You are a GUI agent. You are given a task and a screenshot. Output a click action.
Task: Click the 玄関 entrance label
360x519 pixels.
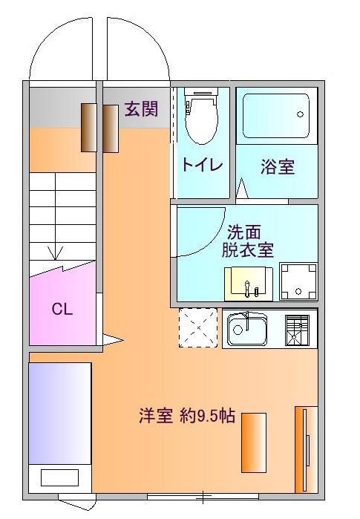click(141, 108)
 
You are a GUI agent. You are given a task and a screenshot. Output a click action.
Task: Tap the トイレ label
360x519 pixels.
click(203, 165)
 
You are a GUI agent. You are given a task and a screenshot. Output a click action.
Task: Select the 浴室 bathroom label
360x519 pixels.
click(278, 166)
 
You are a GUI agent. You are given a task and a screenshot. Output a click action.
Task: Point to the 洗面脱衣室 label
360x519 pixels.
click(247, 241)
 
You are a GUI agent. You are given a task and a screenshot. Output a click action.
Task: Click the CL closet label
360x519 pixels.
click(62, 310)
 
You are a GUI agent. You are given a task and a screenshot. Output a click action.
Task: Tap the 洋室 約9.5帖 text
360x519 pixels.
click(187, 415)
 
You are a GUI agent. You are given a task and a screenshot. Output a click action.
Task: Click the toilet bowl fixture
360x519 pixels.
click(202, 117)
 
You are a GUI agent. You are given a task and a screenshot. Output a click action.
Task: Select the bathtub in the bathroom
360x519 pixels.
click(276, 116)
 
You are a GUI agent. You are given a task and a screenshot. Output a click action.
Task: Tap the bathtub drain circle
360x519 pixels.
click(300, 114)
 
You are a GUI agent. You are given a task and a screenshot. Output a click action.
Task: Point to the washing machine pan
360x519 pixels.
click(298, 281)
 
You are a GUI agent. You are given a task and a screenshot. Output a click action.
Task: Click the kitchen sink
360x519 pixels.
click(247, 328)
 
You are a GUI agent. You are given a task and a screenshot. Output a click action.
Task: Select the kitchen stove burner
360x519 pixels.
click(297, 330)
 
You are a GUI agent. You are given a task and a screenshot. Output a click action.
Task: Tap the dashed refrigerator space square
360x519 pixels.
click(198, 327)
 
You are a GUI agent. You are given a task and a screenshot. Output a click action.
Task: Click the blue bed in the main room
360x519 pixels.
click(60, 414)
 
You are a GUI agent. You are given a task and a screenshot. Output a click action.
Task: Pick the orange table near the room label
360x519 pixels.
click(254, 443)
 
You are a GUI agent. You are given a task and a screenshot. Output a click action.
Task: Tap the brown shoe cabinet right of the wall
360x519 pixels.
click(111, 128)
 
